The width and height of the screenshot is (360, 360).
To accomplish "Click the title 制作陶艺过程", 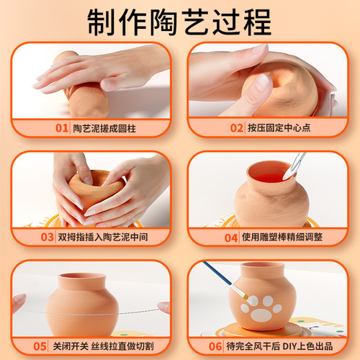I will (x=180, y=22).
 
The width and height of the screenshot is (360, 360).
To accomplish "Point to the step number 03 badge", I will (x=48, y=235).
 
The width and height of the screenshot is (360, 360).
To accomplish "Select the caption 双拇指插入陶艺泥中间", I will (x=108, y=235).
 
